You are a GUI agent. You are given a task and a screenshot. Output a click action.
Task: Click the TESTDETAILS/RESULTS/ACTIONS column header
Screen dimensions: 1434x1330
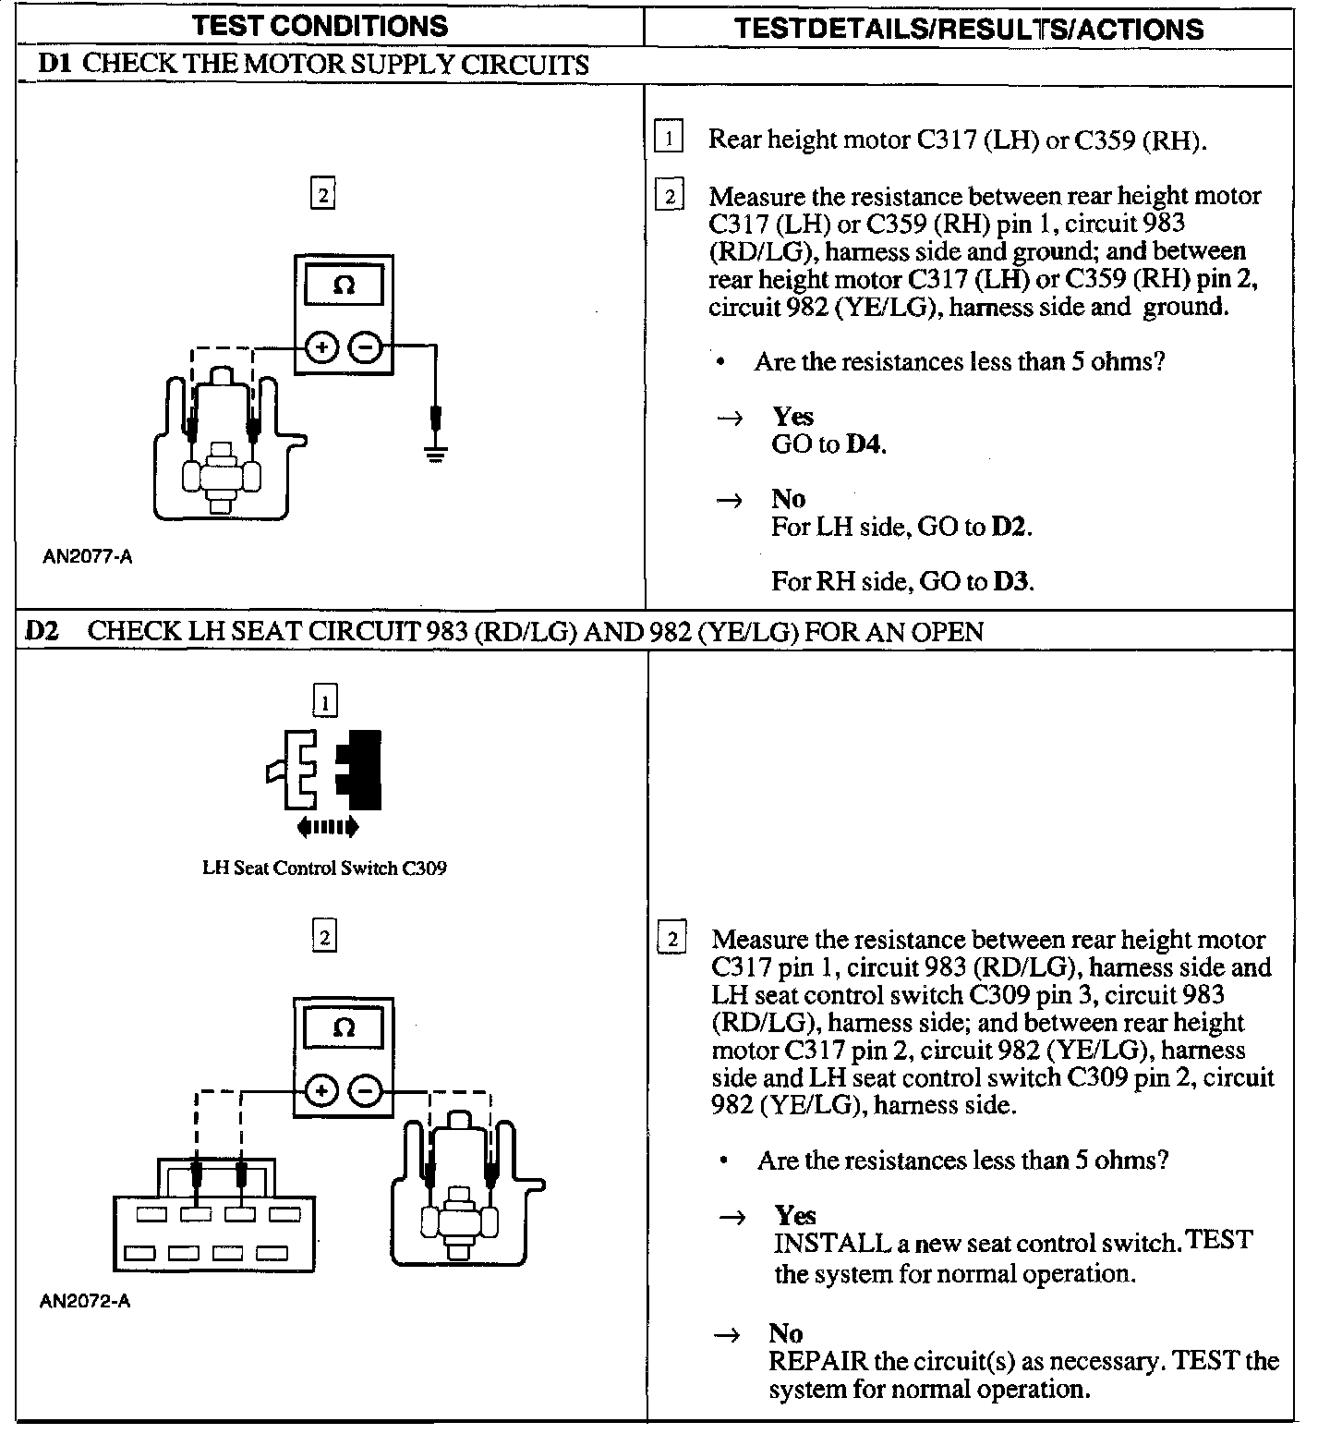(969, 28)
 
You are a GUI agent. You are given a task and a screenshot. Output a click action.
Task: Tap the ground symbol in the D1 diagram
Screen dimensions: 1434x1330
(436, 454)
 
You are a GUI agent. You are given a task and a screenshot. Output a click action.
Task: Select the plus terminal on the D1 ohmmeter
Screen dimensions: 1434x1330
(321, 348)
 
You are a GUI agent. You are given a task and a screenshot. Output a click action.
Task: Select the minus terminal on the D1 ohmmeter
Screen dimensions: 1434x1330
(366, 348)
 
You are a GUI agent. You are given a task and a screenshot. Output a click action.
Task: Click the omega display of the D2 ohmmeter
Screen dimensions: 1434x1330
(344, 1027)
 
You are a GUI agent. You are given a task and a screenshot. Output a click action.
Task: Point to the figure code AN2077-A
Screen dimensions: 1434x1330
(88, 557)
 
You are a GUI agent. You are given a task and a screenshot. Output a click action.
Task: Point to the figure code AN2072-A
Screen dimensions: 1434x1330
(86, 1301)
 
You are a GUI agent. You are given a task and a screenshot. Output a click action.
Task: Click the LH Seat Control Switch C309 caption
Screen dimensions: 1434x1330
(324, 868)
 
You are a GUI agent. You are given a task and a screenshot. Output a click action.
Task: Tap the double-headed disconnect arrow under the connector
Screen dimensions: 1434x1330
(328, 826)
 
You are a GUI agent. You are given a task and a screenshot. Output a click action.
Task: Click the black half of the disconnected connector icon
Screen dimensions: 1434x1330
(362, 767)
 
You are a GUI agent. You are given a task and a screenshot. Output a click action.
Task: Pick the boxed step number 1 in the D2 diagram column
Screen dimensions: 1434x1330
(325, 703)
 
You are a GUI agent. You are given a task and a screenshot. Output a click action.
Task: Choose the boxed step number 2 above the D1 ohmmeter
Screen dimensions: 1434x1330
(322, 195)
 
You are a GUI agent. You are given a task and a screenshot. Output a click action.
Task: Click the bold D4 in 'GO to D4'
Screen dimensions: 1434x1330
(864, 444)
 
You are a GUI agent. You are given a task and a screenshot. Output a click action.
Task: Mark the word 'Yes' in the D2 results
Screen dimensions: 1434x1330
(795, 1215)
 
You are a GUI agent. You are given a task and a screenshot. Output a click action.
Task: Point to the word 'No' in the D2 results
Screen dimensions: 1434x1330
(786, 1333)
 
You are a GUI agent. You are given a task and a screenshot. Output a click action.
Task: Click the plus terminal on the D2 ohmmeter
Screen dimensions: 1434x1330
(321, 1091)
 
